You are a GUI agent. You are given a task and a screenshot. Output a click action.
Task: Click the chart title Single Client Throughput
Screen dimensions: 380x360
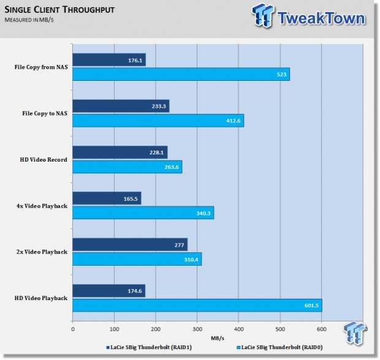tap(59, 10)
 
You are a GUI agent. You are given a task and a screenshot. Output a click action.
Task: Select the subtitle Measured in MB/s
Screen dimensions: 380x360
tap(29, 20)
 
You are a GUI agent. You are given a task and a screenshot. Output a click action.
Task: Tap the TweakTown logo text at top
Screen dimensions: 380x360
tap(321, 18)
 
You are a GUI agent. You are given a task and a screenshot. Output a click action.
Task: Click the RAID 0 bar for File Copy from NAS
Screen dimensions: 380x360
tap(181, 74)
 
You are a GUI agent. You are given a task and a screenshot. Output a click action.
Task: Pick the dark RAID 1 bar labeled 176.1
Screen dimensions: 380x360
tap(109, 59)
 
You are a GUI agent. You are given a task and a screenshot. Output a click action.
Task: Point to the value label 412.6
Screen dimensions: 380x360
tap(234, 121)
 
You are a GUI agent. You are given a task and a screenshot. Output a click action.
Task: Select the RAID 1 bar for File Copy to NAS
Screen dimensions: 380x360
tap(121, 106)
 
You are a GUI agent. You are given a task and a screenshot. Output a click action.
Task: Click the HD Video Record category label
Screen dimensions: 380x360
tap(44, 160)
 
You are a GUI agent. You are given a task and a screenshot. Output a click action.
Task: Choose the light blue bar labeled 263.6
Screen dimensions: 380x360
tap(127, 167)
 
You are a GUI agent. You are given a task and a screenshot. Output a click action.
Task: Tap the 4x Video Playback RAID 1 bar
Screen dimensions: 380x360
tap(107, 198)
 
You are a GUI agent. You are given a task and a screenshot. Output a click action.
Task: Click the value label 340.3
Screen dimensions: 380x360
tap(203, 213)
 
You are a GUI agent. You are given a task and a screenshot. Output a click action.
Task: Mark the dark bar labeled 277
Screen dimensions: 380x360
tap(130, 244)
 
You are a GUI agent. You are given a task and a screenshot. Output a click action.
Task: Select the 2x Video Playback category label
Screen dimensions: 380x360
tap(42, 252)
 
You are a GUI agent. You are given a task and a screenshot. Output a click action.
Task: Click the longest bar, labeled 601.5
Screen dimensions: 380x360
tap(197, 306)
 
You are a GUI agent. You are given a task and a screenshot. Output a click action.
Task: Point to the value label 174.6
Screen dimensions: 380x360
tap(135, 291)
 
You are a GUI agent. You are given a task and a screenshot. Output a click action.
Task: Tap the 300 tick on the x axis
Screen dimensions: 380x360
tap(197, 329)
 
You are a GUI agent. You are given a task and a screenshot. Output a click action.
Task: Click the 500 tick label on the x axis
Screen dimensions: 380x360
tap(280, 329)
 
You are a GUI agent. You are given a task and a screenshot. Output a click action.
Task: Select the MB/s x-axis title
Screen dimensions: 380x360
tap(218, 338)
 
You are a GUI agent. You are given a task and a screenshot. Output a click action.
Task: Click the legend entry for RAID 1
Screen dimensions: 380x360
tap(149, 347)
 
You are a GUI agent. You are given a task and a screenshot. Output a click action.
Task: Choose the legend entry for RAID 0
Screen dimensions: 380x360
tap(279, 347)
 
